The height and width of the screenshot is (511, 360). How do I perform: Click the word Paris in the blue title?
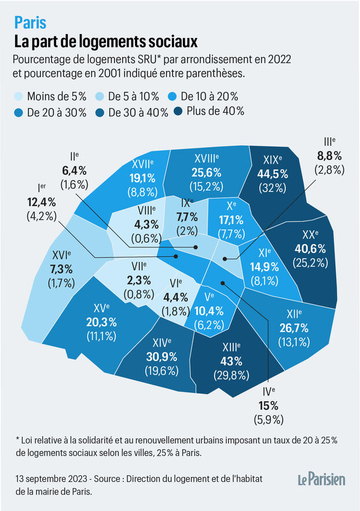coord(30,23)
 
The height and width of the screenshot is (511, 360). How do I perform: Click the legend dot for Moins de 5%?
coord(19,97)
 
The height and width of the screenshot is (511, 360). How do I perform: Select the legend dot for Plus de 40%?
coord(178,112)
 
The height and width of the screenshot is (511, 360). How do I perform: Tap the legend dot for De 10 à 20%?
coord(172,97)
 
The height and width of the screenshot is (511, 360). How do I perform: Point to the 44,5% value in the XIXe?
coord(273,174)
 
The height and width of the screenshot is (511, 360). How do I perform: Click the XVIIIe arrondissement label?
coord(207,159)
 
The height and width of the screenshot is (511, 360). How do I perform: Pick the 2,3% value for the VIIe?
coord(139,280)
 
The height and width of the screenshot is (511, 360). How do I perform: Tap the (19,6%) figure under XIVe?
coord(161,371)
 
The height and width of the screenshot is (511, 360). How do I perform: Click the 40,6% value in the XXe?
coord(310,249)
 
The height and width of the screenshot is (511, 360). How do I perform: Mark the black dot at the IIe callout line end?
coord(196,247)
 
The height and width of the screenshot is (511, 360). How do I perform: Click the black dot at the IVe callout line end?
coord(223,283)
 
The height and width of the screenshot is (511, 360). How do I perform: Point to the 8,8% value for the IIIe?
coord(329,156)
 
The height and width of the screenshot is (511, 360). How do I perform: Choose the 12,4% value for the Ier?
coord(41,202)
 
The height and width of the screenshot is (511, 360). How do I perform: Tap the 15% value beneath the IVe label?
coord(269,406)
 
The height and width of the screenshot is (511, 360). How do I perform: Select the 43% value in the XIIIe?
coord(232,362)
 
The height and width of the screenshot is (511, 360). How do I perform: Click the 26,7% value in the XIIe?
coord(294,328)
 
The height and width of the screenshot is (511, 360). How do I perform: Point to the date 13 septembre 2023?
coord(52,479)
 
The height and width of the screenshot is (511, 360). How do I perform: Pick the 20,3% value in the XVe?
coord(101,322)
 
